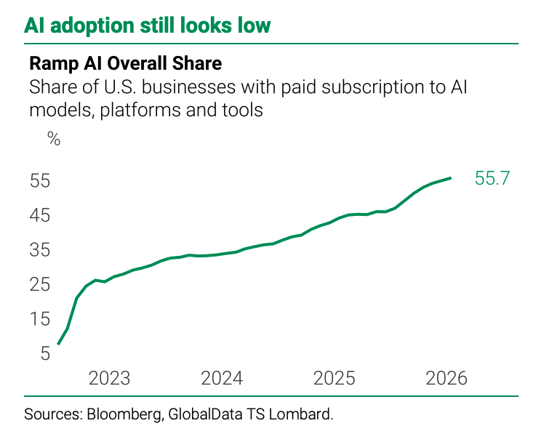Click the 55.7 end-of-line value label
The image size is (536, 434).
tap(492, 178)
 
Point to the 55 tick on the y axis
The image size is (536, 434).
tap(40, 180)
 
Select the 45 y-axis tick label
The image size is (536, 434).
tap(40, 215)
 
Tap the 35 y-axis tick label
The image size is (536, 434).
tap(40, 250)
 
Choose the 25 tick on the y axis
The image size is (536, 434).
tap(40, 284)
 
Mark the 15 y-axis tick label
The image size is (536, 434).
tap(40, 319)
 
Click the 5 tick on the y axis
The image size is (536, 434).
tap(46, 353)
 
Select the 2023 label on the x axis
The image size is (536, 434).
tap(109, 378)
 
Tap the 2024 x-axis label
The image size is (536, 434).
tap(222, 378)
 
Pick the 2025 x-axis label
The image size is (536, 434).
tap(335, 378)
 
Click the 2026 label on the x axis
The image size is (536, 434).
tap(447, 378)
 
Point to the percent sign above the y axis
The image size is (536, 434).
tap(54, 139)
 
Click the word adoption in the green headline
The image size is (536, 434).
tap(92, 26)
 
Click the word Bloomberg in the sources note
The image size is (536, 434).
tap(124, 414)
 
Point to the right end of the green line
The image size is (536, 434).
tap(450, 178)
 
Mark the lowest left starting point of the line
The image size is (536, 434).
tap(58, 344)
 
